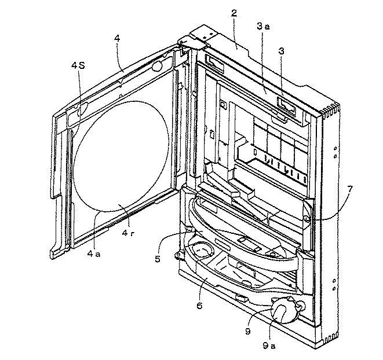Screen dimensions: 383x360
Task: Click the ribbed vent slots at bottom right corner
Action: coord(331,336)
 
